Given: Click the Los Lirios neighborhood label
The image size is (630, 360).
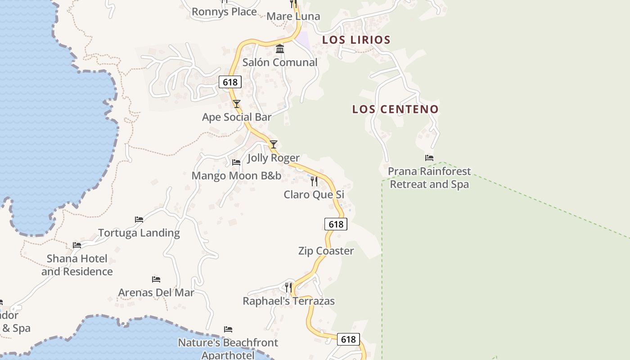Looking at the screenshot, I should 356,40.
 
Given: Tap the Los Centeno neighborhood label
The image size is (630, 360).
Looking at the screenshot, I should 395,109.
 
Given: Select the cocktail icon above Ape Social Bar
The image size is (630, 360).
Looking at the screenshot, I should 237,104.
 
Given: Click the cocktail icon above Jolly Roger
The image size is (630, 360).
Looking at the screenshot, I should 273,144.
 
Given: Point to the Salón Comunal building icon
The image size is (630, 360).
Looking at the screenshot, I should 280,49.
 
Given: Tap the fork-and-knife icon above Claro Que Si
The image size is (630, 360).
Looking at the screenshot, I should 314,181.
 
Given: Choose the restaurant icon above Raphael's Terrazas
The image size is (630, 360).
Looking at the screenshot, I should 288,287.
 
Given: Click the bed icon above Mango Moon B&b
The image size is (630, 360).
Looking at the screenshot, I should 236,162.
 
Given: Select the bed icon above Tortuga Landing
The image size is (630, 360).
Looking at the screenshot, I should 139,220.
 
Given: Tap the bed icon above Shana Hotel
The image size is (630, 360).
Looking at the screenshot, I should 77,245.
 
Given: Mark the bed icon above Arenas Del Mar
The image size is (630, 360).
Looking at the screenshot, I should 156,279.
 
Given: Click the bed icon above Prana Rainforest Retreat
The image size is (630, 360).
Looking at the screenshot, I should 429,158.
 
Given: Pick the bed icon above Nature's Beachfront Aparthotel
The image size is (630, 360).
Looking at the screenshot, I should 228,329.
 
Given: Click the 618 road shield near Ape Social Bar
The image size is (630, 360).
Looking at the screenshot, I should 230,82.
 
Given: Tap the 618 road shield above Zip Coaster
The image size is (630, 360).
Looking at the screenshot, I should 336,224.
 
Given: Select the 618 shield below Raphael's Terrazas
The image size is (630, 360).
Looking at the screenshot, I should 348,339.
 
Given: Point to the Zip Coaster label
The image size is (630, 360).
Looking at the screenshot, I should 326,251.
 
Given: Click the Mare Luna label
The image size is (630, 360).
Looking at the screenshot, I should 293,17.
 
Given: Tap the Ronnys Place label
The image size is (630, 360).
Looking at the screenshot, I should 224,12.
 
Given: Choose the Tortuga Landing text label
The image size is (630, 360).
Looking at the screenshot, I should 139,233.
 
